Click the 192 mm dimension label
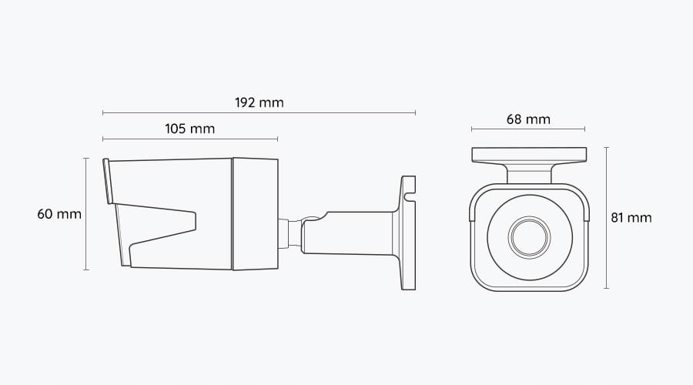[259, 102]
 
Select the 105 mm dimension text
[189, 129]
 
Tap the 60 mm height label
[59, 214]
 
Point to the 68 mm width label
[528, 119]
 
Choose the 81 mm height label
[631, 218]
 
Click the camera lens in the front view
[529, 237]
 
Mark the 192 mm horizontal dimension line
[259, 113]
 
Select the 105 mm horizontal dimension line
[189, 139]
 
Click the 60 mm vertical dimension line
[85, 214]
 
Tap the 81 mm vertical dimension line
[606, 218]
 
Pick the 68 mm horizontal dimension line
[528, 129]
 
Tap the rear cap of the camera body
[255, 214]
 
